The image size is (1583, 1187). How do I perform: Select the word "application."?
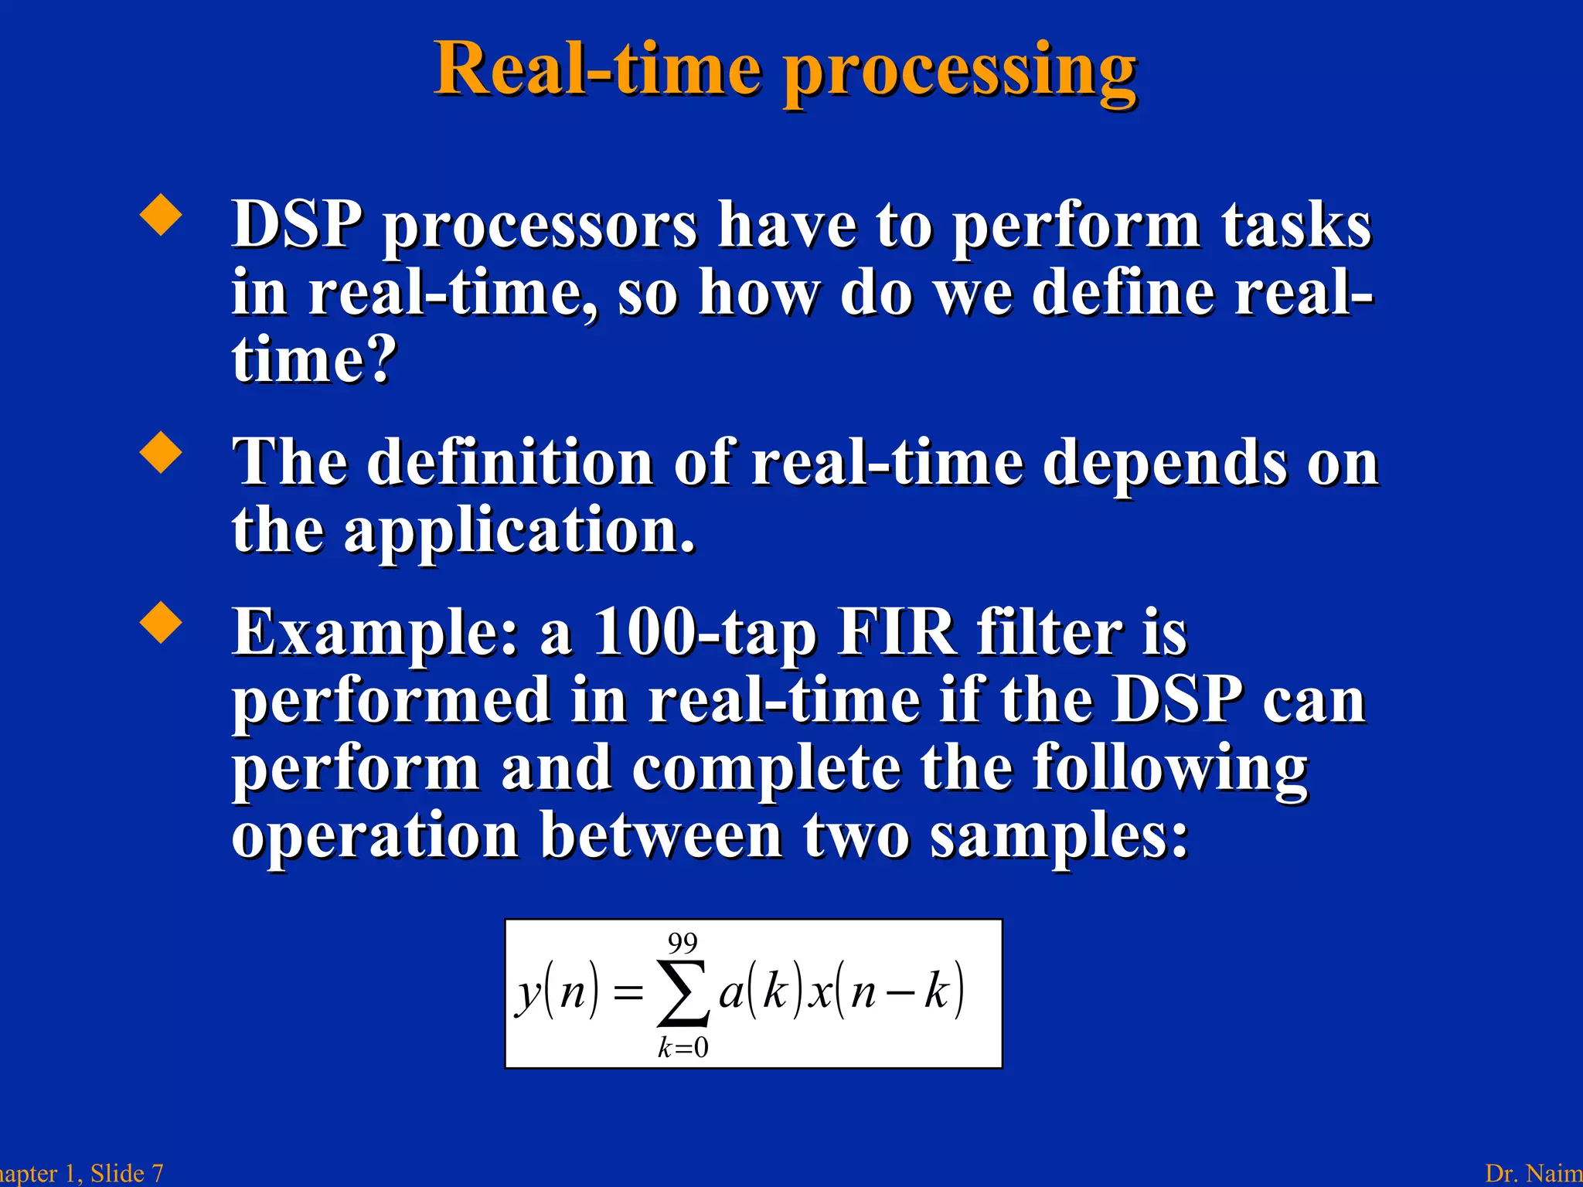pyautogui.click(x=519, y=531)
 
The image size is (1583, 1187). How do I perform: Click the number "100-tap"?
pyautogui.click(x=705, y=634)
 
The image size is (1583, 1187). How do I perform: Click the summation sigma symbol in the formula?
pyautogui.click(x=683, y=994)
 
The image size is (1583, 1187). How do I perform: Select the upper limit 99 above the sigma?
pyautogui.click(x=683, y=944)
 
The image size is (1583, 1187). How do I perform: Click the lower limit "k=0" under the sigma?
pyautogui.click(x=683, y=1048)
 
